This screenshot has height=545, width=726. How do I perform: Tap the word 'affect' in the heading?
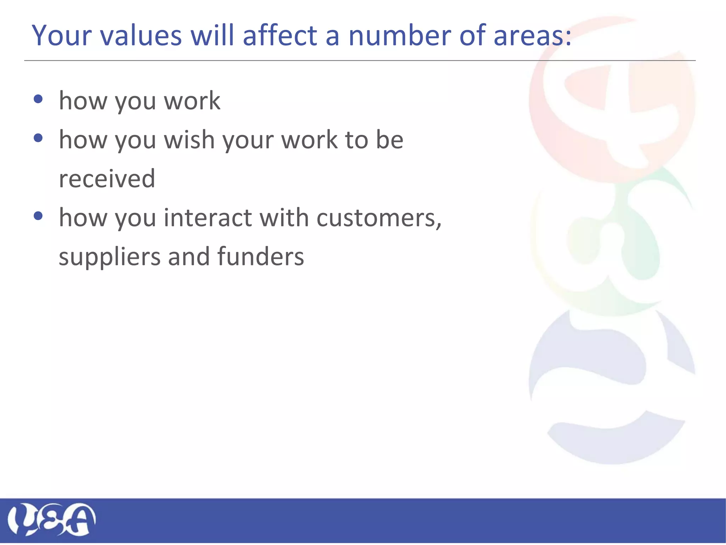pos(280,35)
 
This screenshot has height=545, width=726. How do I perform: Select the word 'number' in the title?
pos(400,35)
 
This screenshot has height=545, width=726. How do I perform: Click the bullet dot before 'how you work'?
pos(38,99)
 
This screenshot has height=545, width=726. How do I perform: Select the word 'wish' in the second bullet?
pos(189,139)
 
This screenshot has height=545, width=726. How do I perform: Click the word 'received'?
pos(107,178)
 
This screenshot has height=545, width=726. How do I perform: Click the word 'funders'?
pos(260,256)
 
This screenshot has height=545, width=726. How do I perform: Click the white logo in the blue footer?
pos(52,519)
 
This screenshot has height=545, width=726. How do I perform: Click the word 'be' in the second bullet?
pos(389,139)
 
